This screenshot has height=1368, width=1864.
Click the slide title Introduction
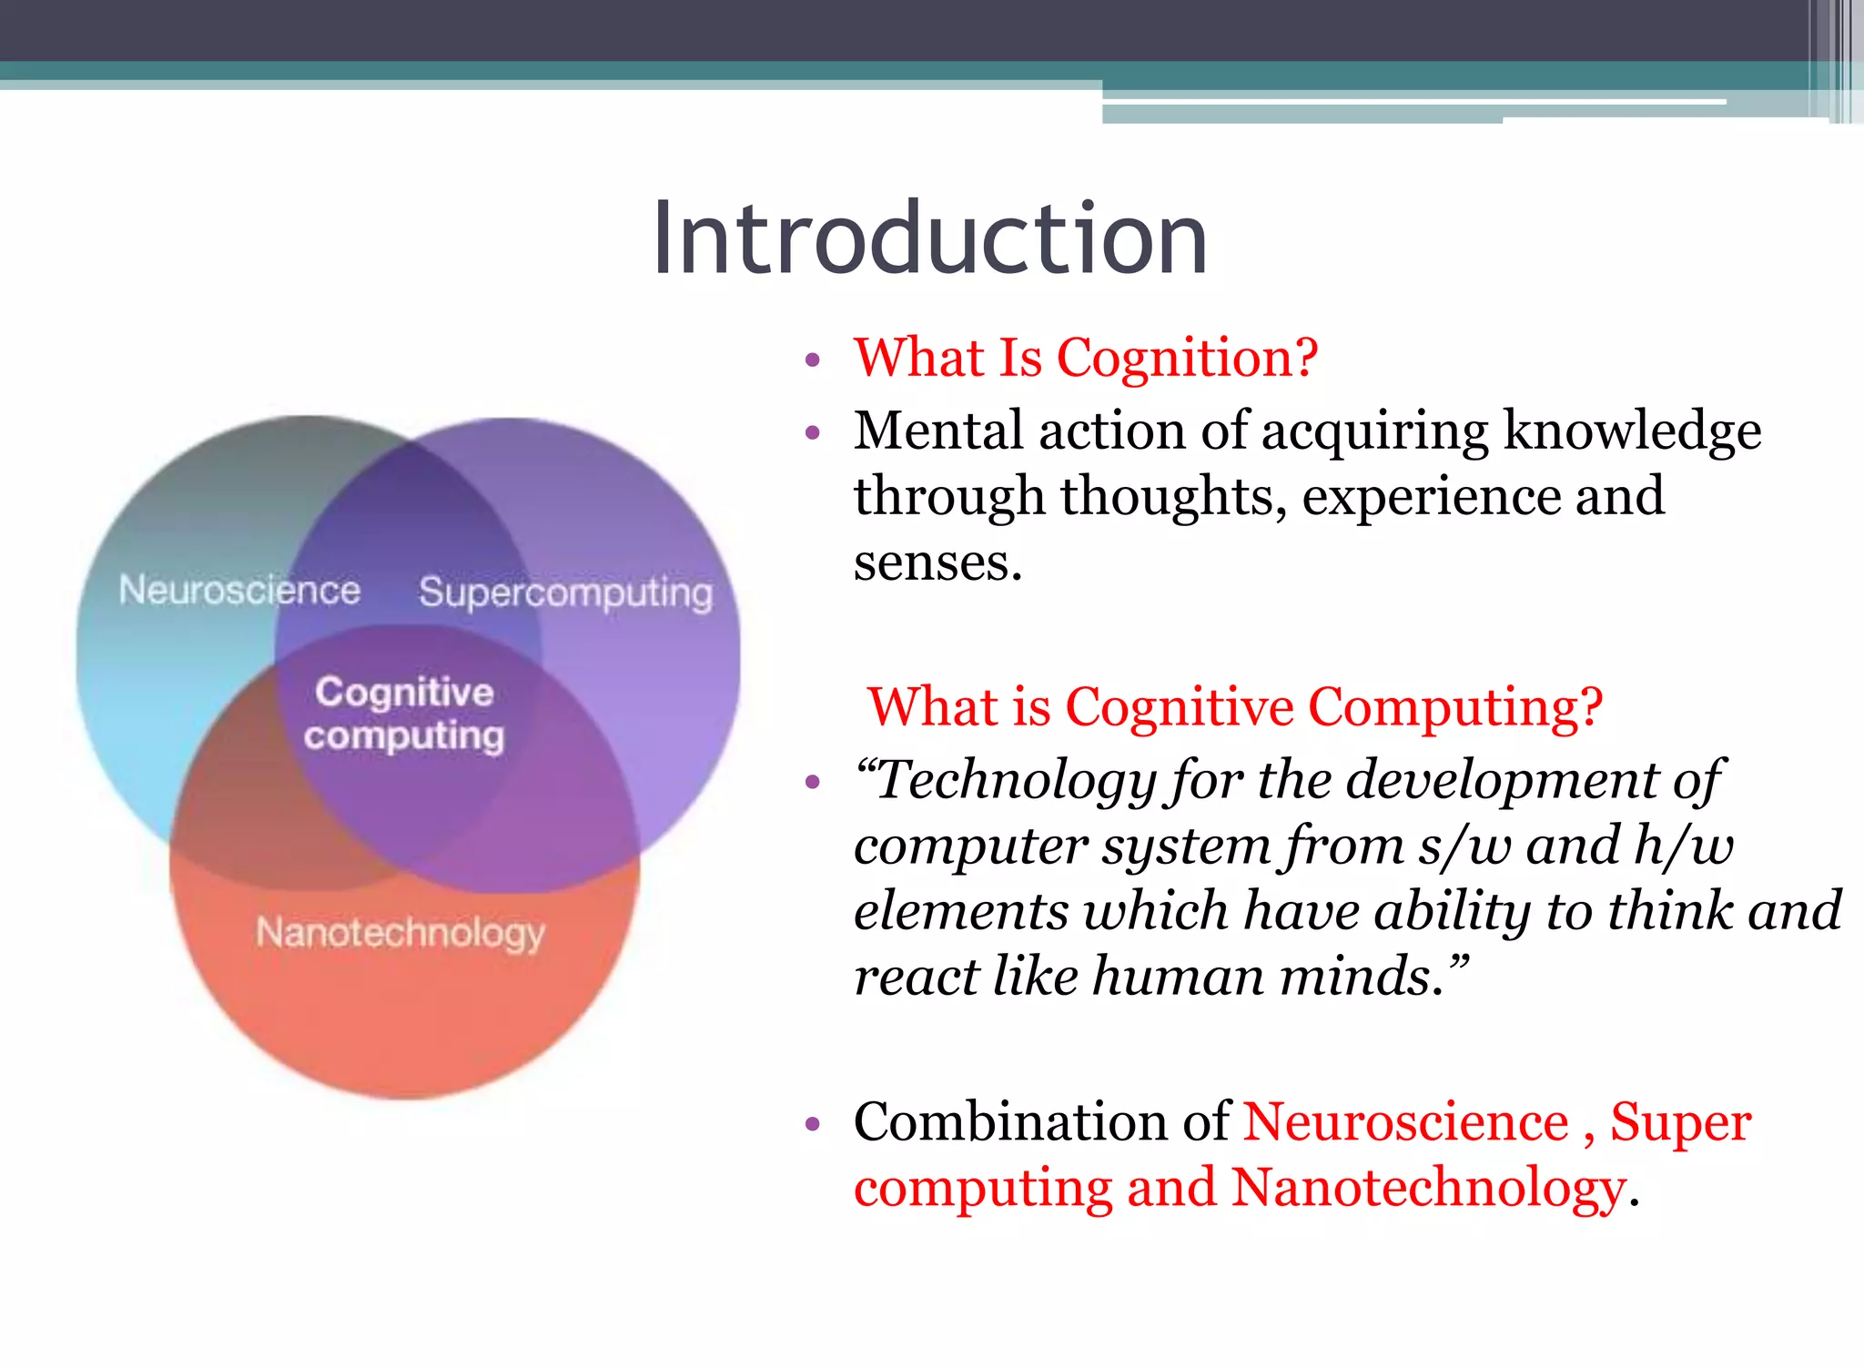pyautogui.click(x=929, y=238)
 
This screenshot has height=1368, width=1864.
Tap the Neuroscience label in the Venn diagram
pyautogui.click(x=239, y=591)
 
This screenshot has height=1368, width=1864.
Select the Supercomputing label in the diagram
pyautogui.click(x=565, y=593)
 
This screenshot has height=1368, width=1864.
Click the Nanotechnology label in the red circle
pyautogui.click(x=400, y=933)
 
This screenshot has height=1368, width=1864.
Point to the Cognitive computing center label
pyautogui.click(x=404, y=714)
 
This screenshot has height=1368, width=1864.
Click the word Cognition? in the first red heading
pyautogui.click(x=1187, y=358)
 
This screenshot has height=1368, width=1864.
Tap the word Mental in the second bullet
pyautogui.click(x=938, y=431)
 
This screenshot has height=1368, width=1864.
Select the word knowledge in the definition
pyautogui.click(x=1632, y=431)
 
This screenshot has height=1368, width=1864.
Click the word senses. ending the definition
pyautogui.click(x=937, y=563)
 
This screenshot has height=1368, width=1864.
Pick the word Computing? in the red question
pyautogui.click(x=1454, y=707)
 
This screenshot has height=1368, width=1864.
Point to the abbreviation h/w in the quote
pyautogui.click(x=1683, y=846)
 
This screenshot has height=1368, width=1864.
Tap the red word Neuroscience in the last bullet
pyautogui.click(x=1406, y=1121)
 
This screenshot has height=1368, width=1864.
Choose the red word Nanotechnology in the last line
pyautogui.click(x=1428, y=1188)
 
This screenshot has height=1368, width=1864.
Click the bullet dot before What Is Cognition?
pyautogui.click(x=813, y=360)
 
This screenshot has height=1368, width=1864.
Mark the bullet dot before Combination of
pyautogui.click(x=813, y=1125)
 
